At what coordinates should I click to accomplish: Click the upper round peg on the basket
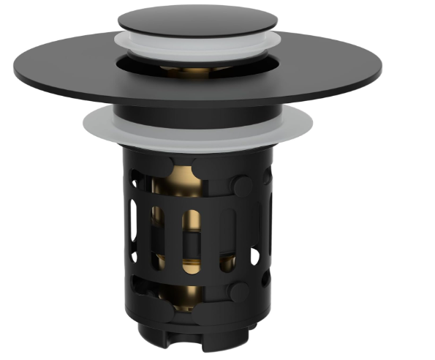click(x=242, y=187)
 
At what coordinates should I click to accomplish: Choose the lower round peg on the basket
click(x=238, y=293)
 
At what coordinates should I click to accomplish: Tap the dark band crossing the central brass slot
click(x=192, y=241)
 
